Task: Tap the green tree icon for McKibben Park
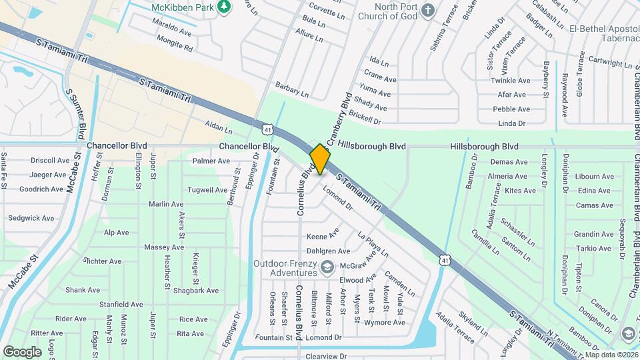[x=225, y=6]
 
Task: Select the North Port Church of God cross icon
[x=429, y=11]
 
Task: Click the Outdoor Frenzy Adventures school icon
[x=327, y=268]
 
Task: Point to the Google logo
[x=22, y=351]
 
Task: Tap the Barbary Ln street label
[x=292, y=90]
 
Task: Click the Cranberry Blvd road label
[x=339, y=115]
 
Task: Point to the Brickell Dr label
[x=363, y=121]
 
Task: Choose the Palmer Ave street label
[x=211, y=161]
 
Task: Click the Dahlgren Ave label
[x=328, y=251]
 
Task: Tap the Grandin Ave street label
[x=593, y=234]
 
